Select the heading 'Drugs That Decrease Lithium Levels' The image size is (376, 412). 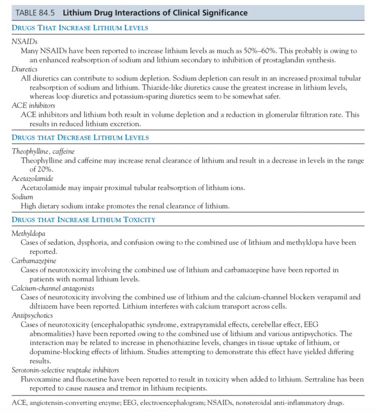point(80,138)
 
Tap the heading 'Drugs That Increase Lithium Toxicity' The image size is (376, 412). point(83,220)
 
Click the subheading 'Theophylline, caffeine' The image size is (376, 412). point(43,151)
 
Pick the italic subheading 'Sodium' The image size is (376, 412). point(22,197)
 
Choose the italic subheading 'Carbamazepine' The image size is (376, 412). point(33,261)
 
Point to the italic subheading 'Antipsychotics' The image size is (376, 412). point(32,315)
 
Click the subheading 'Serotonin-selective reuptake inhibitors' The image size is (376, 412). point(65,370)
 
